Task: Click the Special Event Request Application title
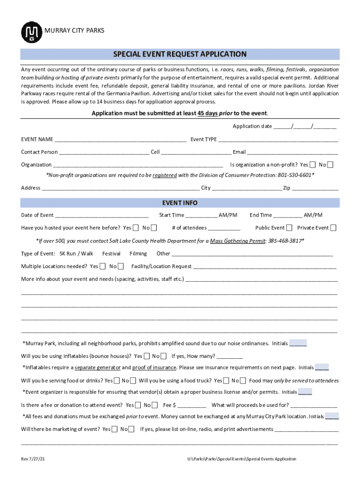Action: (x=180, y=54)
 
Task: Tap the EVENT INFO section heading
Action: (x=180, y=203)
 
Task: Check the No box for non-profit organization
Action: (x=331, y=165)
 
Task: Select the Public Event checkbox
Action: (x=289, y=228)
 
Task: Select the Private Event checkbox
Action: (x=333, y=228)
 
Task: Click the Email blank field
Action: (x=293, y=152)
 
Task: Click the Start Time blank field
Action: (x=202, y=215)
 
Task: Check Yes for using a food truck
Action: (x=227, y=380)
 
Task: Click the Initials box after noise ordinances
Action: (x=298, y=343)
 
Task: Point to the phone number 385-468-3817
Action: (x=285, y=241)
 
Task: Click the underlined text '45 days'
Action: (x=208, y=114)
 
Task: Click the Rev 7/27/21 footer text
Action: (x=33, y=459)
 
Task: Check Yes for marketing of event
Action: (x=115, y=429)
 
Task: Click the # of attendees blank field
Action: (x=224, y=228)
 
